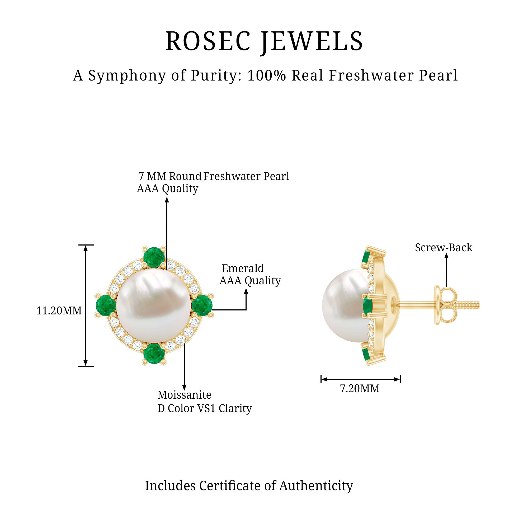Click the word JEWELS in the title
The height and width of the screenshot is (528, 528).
pyautogui.click(x=312, y=41)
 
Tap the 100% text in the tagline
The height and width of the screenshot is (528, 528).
pyautogui.click(x=266, y=76)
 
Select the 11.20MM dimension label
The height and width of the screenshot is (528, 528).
pyautogui.click(x=59, y=311)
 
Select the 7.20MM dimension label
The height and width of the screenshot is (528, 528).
pyautogui.click(x=360, y=388)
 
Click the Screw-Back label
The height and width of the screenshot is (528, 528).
pyautogui.click(x=444, y=248)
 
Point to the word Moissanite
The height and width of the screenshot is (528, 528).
pyautogui.click(x=184, y=395)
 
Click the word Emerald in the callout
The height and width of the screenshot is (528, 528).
pyautogui.click(x=243, y=268)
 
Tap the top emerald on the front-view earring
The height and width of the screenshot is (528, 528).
pyautogui.click(x=154, y=257)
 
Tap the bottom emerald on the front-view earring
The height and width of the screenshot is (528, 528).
pyautogui.click(x=154, y=354)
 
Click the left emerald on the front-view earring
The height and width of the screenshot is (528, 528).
pyautogui.click(x=106, y=305)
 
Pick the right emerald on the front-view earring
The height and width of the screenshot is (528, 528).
pyautogui.click(x=202, y=305)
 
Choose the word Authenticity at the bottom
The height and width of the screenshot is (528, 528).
pyautogui.click(x=316, y=486)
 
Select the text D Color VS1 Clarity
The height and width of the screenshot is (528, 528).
pyautogui.click(x=204, y=408)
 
